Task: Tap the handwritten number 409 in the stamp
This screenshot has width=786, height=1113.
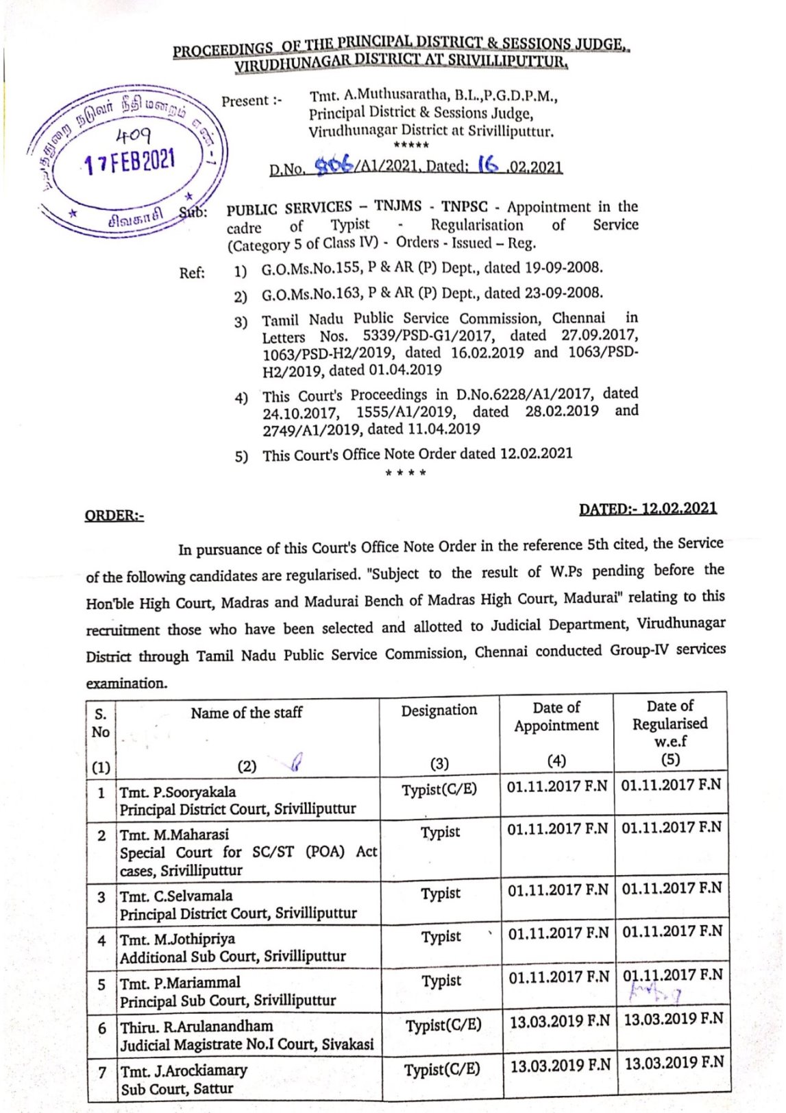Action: [x=133, y=134]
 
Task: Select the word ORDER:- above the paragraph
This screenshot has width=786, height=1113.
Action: [x=114, y=516]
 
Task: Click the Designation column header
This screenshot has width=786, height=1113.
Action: [x=439, y=710]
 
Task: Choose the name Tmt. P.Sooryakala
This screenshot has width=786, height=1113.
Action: [x=177, y=792]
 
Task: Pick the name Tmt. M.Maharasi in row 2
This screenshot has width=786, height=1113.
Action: [x=174, y=835]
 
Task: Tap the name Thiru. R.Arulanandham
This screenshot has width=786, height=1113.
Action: [x=197, y=1027]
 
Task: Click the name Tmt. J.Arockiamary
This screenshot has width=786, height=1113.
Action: [x=184, y=1070]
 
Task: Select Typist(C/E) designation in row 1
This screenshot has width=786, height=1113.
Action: [x=439, y=789]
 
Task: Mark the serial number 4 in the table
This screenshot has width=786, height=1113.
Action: [x=101, y=941]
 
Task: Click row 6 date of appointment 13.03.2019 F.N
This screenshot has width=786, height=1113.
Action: [x=559, y=1021]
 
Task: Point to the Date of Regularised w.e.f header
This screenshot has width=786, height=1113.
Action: [x=670, y=723]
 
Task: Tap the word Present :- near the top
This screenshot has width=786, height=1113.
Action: [x=251, y=101]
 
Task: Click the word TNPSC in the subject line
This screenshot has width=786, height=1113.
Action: [x=464, y=206]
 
